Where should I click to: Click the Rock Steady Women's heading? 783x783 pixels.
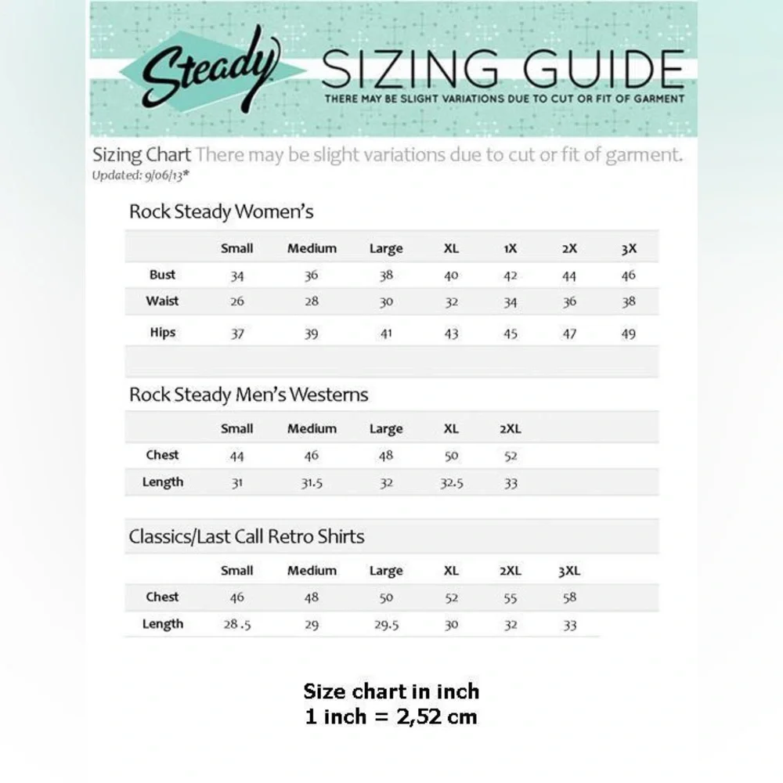pos(222,211)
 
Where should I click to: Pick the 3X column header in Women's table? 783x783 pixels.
pos(629,249)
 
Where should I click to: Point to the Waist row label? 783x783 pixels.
pos(162,301)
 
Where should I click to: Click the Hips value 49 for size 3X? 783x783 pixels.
pos(629,334)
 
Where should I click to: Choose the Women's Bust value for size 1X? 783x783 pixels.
pos(511,276)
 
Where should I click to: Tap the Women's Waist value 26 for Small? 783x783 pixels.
pos(236,301)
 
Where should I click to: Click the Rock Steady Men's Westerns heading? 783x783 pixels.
pos(248,395)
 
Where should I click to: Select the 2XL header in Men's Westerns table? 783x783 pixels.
pos(511,429)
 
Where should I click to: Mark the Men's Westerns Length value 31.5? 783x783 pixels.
pos(312,483)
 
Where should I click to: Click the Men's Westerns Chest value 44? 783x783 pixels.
pos(236,456)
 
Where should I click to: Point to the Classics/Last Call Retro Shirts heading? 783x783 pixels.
pos(247,536)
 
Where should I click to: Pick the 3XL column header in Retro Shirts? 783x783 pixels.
pos(569,571)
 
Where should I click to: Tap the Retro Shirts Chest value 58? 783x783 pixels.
pos(569,597)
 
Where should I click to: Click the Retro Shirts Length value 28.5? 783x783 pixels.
pos(236,625)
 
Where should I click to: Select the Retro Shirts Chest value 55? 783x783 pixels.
pos(511,597)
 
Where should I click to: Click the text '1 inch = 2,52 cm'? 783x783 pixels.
pos(391,716)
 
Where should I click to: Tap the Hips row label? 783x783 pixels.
pos(162,333)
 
